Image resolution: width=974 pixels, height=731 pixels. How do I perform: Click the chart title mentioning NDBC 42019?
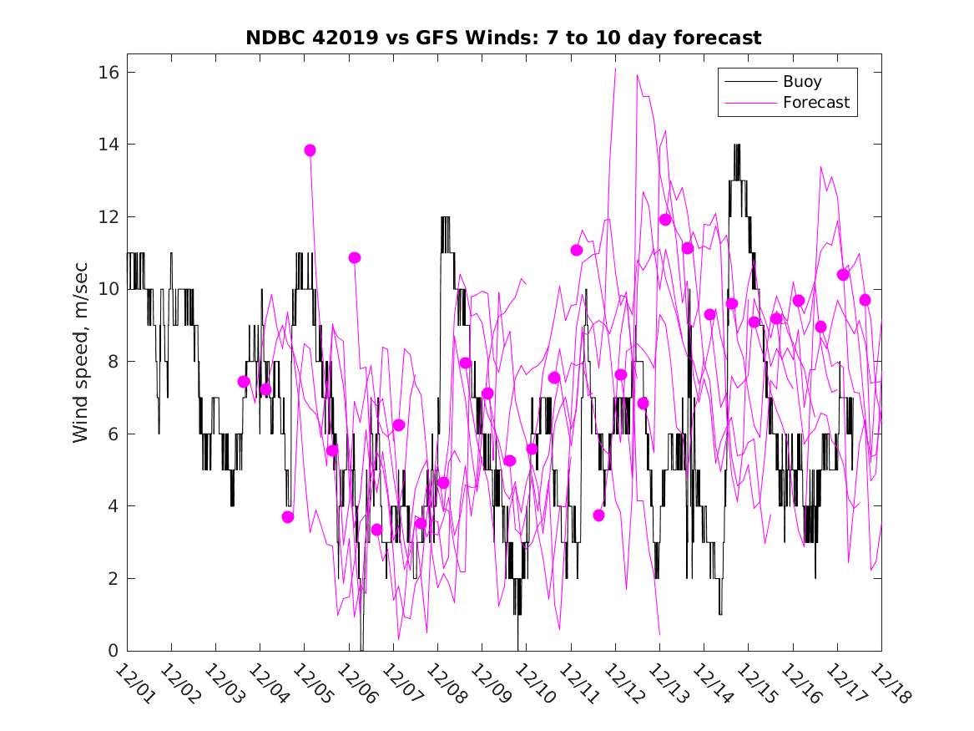click(503, 38)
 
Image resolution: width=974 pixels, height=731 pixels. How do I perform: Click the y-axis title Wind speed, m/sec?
click(81, 362)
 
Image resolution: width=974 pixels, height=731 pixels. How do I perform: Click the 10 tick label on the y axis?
click(109, 289)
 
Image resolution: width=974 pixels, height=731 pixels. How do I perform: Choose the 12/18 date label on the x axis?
click(887, 683)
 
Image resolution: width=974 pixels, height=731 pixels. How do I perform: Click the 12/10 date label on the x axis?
click(532, 683)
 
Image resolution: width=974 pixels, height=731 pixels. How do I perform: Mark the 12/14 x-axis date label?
click(710, 683)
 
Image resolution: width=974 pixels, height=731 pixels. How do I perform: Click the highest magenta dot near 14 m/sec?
click(310, 150)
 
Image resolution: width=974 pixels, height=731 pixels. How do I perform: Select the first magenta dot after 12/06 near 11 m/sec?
click(355, 257)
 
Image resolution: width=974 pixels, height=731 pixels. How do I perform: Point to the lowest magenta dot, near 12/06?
click(376, 530)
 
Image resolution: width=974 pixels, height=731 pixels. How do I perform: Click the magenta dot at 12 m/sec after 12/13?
click(665, 220)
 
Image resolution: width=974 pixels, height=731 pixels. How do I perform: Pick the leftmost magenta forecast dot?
click(244, 382)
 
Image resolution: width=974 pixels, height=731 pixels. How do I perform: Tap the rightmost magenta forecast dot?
click(865, 300)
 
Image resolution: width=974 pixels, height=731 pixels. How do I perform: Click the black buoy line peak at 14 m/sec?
click(737, 146)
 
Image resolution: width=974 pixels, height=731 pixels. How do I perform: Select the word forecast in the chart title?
click(720, 38)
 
